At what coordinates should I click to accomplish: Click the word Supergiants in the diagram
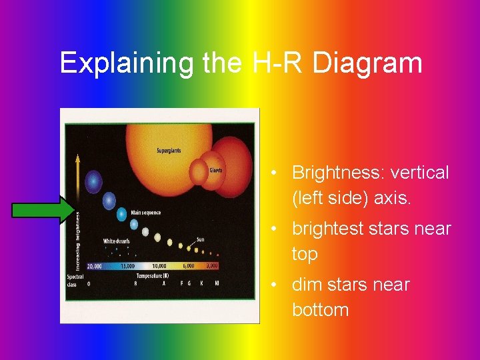[x=169, y=151]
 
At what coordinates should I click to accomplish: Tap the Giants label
[x=215, y=169]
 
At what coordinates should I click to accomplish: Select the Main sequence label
[x=145, y=213]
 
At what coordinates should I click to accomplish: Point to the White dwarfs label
[x=116, y=241]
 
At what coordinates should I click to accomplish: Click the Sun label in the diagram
[x=199, y=239]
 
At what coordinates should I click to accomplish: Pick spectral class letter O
[x=89, y=283]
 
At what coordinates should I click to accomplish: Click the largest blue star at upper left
[x=94, y=181]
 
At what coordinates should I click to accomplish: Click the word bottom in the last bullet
[x=320, y=310]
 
